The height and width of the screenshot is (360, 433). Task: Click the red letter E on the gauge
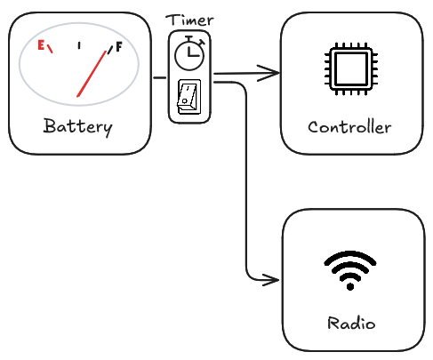41,45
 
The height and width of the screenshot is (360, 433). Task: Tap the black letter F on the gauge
119,47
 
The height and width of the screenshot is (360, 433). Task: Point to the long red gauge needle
92,74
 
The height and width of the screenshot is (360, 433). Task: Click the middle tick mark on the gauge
79,45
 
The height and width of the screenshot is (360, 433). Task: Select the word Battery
78,127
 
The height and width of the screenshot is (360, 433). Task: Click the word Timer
189,20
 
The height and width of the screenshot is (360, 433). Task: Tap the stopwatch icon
189,52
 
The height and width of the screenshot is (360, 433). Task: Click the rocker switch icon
189,97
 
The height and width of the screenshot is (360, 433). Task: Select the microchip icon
351,68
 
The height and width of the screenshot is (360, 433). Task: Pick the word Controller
349,127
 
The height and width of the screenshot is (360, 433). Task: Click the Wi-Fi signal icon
350,270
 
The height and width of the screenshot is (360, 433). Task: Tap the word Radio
351,323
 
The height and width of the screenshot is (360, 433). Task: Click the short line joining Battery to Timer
160,77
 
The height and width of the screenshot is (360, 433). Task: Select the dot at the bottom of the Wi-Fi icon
350,287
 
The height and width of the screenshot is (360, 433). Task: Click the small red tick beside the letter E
50,49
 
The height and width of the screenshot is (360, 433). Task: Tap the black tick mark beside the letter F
110,50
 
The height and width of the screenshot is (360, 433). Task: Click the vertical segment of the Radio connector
246,180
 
